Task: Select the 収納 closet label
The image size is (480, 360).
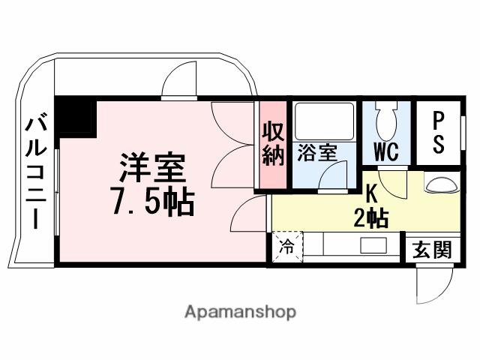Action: click(x=273, y=143)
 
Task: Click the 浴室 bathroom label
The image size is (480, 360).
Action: click(x=316, y=153)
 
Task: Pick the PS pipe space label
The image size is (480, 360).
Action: click(x=439, y=132)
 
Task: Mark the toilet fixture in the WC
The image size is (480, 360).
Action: click(x=386, y=118)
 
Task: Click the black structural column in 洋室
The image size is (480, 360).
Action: click(x=75, y=115)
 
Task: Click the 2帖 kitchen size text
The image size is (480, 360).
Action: click(x=371, y=219)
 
